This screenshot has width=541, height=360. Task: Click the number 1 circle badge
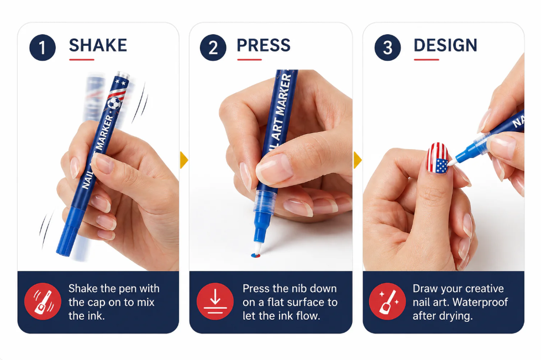(x=43, y=47)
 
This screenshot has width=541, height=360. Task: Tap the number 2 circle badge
(x=213, y=47)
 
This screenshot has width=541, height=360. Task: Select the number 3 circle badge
(x=387, y=47)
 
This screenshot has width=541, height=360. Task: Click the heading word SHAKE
(x=98, y=45)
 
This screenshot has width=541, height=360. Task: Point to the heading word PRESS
(x=264, y=45)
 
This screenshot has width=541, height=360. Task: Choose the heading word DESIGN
(x=445, y=45)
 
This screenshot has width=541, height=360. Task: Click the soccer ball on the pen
(x=114, y=103)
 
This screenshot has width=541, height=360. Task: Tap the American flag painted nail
(x=438, y=158)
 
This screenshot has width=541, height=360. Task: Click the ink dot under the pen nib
(x=255, y=256)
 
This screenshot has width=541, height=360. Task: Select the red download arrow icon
(x=215, y=301)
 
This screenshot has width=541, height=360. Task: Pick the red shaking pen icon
(x=43, y=301)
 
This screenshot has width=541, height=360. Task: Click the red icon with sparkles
(x=387, y=301)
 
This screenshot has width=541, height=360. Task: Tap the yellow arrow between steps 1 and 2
(x=184, y=160)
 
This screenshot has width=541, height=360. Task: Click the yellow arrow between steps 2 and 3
(x=358, y=160)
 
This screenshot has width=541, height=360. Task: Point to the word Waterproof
(x=480, y=302)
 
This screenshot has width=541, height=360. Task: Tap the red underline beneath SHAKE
(x=82, y=60)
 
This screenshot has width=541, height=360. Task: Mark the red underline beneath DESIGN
(x=427, y=60)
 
